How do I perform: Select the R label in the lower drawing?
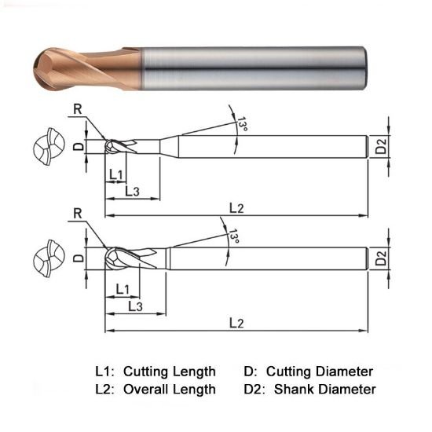pyautogui.click(x=77, y=214)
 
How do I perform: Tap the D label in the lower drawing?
pyautogui.click(x=77, y=258)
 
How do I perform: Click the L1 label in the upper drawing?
pyautogui.click(x=115, y=174)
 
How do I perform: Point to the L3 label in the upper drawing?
pyautogui.click(x=132, y=192)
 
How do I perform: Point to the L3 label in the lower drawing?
pyautogui.click(x=134, y=305)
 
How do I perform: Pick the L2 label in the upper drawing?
pyautogui.click(x=236, y=207)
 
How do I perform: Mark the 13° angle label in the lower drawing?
pyautogui.click(x=233, y=238)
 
